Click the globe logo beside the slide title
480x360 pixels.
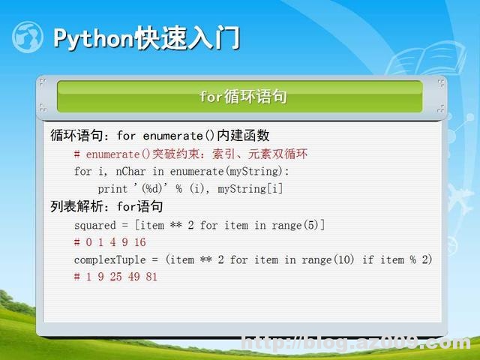tap(27, 36)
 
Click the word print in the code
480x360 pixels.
tap(112, 189)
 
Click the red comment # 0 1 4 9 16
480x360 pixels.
tap(109, 242)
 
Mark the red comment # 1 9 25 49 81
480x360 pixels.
tap(115, 277)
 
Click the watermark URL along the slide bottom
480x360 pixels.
tap(355, 344)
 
